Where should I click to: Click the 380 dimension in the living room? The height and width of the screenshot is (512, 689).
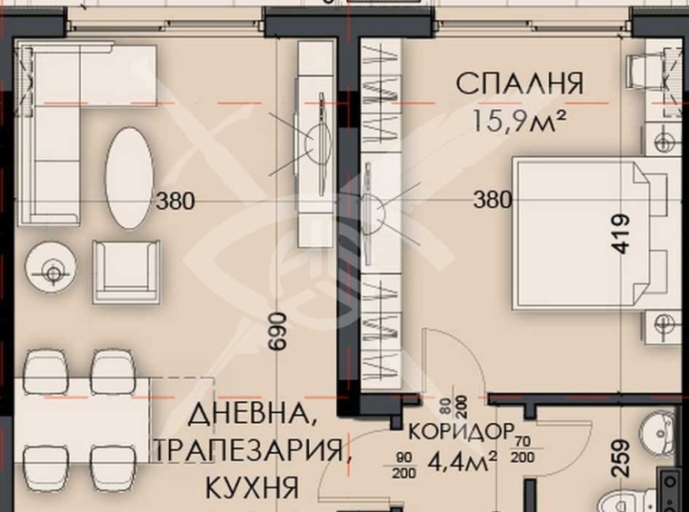(x=175, y=201)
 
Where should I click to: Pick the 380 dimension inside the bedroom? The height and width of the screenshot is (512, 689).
(x=492, y=200)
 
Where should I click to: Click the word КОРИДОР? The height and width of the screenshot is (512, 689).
(x=461, y=430)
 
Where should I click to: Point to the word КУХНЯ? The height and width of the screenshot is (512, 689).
(x=253, y=487)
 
